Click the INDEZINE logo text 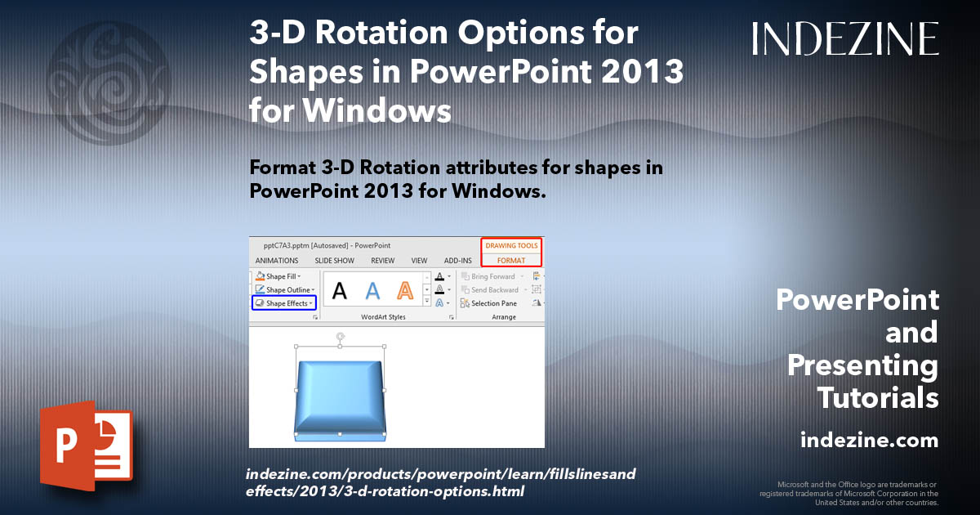[845, 38]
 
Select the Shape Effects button [283, 303]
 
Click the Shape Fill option [278, 276]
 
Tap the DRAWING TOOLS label [511, 245]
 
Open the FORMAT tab [511, 260]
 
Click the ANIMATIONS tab [277, 261]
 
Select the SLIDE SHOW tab [335, 261]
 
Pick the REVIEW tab [382, 261]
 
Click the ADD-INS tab [458, 261]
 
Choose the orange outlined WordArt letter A [405, 289]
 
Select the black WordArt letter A [340, 289]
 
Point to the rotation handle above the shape [340, 336]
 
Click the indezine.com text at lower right [869, 441]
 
